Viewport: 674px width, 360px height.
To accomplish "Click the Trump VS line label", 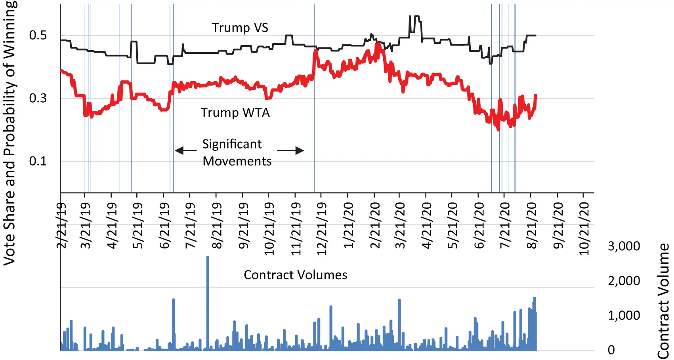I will tap(240, 28).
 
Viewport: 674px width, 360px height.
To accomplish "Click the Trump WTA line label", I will tap(235, 112).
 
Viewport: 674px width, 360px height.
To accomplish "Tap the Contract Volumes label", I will tap(295, 275).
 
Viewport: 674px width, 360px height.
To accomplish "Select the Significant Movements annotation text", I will tap(237, 152).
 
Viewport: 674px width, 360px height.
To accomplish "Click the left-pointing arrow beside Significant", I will tap(185, 150).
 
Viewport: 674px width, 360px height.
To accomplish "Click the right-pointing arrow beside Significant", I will tap(290, 150).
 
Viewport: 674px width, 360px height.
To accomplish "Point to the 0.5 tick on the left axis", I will tap(38, 35).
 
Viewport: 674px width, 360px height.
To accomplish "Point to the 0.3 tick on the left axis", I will tap(38, 98).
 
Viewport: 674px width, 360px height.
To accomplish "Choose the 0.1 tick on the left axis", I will tap(38, 161).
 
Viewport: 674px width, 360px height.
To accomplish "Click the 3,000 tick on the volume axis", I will tap(624, 246).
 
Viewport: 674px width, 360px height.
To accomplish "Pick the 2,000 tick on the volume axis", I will tap(624, 281).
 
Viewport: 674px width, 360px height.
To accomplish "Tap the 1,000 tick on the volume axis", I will tap(624, 315).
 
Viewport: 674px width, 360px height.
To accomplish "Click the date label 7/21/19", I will tap(191, 225).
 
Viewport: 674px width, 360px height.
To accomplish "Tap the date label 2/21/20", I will tap(375, 225).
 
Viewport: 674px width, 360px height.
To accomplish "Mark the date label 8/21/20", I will tap(532, 225).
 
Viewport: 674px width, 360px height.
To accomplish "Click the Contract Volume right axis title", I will tap(663, 301).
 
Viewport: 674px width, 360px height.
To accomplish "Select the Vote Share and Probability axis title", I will tap(10, 133).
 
